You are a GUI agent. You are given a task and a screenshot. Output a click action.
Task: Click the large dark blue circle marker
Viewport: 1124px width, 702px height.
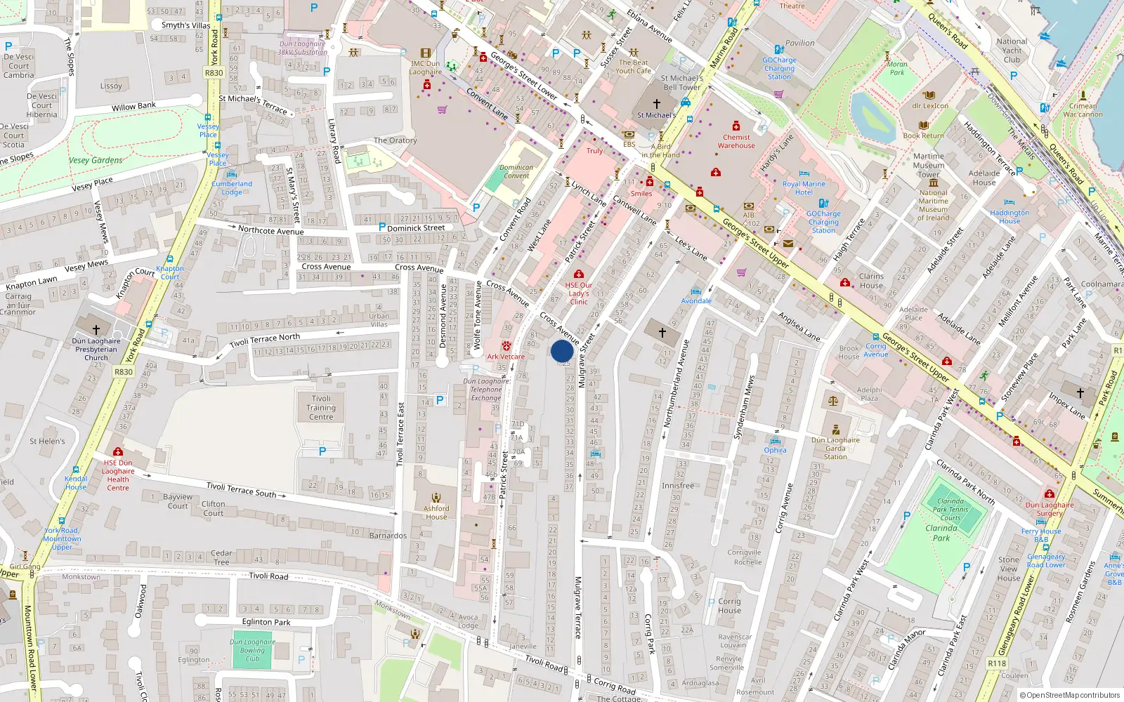tap(562, 351)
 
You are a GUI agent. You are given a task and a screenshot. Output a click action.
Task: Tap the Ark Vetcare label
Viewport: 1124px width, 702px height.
tap(506, 357)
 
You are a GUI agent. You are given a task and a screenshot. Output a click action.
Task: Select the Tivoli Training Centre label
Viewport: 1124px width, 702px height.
tap(321, 408)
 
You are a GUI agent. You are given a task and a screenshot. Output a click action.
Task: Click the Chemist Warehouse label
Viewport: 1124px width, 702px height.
tap(736, 142)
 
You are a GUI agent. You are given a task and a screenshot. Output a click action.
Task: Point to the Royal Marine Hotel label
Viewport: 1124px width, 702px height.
tap(804, 188)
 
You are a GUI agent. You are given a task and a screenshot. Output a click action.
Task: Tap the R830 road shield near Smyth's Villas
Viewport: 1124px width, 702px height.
tap(214, 73)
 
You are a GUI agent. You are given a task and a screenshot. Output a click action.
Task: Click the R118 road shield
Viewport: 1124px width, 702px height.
tap(996, 663)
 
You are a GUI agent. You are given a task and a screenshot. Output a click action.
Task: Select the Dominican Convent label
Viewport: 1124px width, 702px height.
tap(516, 171)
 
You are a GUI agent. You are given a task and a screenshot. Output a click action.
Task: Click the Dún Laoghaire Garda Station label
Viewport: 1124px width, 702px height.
tap(835, 448)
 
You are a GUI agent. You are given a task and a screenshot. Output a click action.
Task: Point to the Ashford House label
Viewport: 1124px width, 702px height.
tap(436, 512)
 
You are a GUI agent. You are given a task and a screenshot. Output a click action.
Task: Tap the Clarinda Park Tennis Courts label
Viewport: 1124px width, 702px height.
tap(950, 510)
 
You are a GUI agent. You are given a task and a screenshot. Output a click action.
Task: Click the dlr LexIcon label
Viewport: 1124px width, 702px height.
tap(929, 106)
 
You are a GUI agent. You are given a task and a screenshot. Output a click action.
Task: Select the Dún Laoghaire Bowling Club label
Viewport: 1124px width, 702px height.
tap(252, 650)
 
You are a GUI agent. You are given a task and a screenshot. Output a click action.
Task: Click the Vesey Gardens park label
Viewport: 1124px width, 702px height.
tap(96, 160)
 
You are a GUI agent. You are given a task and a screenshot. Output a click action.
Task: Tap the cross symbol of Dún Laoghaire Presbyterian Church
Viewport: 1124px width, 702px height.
tap(96, 329)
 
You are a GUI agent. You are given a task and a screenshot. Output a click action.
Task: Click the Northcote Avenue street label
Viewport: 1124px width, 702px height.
tap(270, 230)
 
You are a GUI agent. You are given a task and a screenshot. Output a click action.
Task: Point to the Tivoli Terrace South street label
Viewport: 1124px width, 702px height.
tap(241, 489)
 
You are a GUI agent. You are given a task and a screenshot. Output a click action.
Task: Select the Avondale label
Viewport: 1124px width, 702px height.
tap(696, 300)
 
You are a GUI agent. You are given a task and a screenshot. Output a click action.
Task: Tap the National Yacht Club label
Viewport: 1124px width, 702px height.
tap(1012, 51)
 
